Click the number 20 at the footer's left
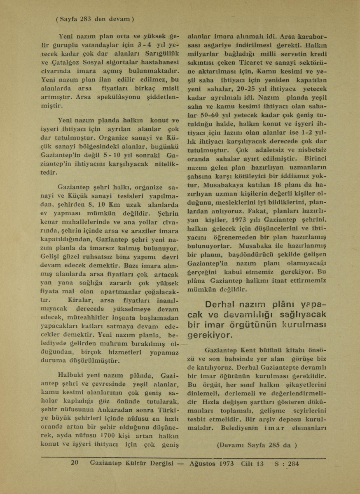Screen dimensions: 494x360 (x=74, y=463)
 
